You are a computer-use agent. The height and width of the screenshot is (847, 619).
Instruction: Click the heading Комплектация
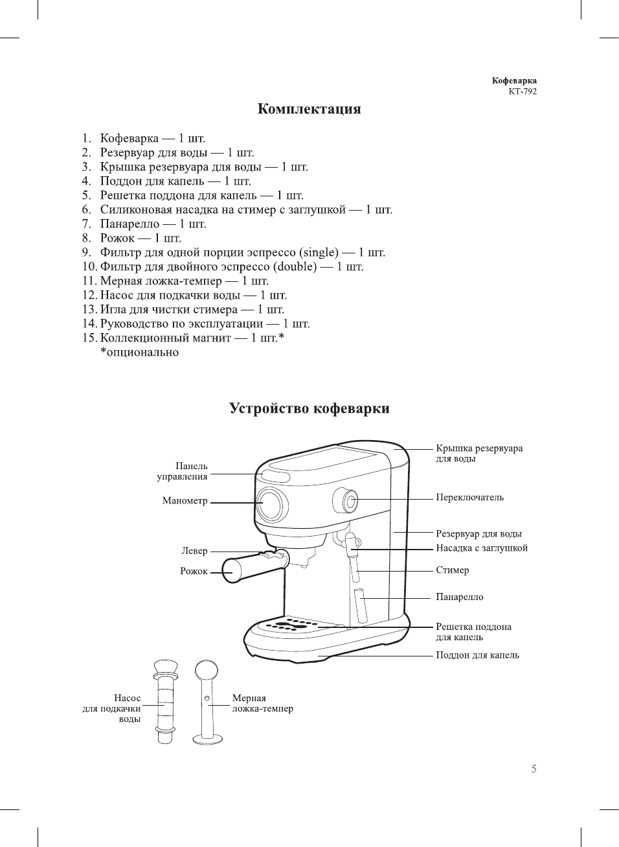click(x=309, y=109)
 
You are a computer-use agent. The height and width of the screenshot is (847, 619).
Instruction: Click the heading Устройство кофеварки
click(x=309, y=408)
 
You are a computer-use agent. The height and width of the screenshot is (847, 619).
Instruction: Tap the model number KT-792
click(x=522, y=91)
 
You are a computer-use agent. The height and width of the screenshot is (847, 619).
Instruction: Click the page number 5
click(x=534, y=769)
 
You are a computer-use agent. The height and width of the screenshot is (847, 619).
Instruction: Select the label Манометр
click(x=185, y=501)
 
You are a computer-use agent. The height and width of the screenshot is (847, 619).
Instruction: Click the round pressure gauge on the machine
click(x=271, y=504)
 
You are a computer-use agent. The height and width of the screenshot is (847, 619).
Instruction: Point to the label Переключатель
click(x=469, y=498)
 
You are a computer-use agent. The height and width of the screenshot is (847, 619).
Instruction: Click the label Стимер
click(x=452, y=570)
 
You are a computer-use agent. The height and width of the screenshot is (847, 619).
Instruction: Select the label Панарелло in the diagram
click(x=459, y=597)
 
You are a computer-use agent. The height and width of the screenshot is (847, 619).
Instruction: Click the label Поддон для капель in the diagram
click(x=477, y=655)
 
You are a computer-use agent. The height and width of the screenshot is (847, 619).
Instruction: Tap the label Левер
click(x=194, y=551)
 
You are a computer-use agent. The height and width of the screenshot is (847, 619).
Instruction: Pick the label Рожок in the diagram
click(x=194, y=571)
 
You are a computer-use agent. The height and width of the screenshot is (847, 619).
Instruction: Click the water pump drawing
click(x=166, y=701)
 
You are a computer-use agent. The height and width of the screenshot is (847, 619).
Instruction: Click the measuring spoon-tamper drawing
click(x=207, y=701)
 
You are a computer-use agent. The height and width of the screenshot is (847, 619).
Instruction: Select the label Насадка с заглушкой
click(x=481, y=548)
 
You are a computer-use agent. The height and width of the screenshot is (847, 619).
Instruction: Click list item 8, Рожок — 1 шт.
click(x=140, y=238)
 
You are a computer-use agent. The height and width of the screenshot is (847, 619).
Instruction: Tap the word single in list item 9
click(x=319, y=253)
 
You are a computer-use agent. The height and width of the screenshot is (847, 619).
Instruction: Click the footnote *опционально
click(x=139, y=353)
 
